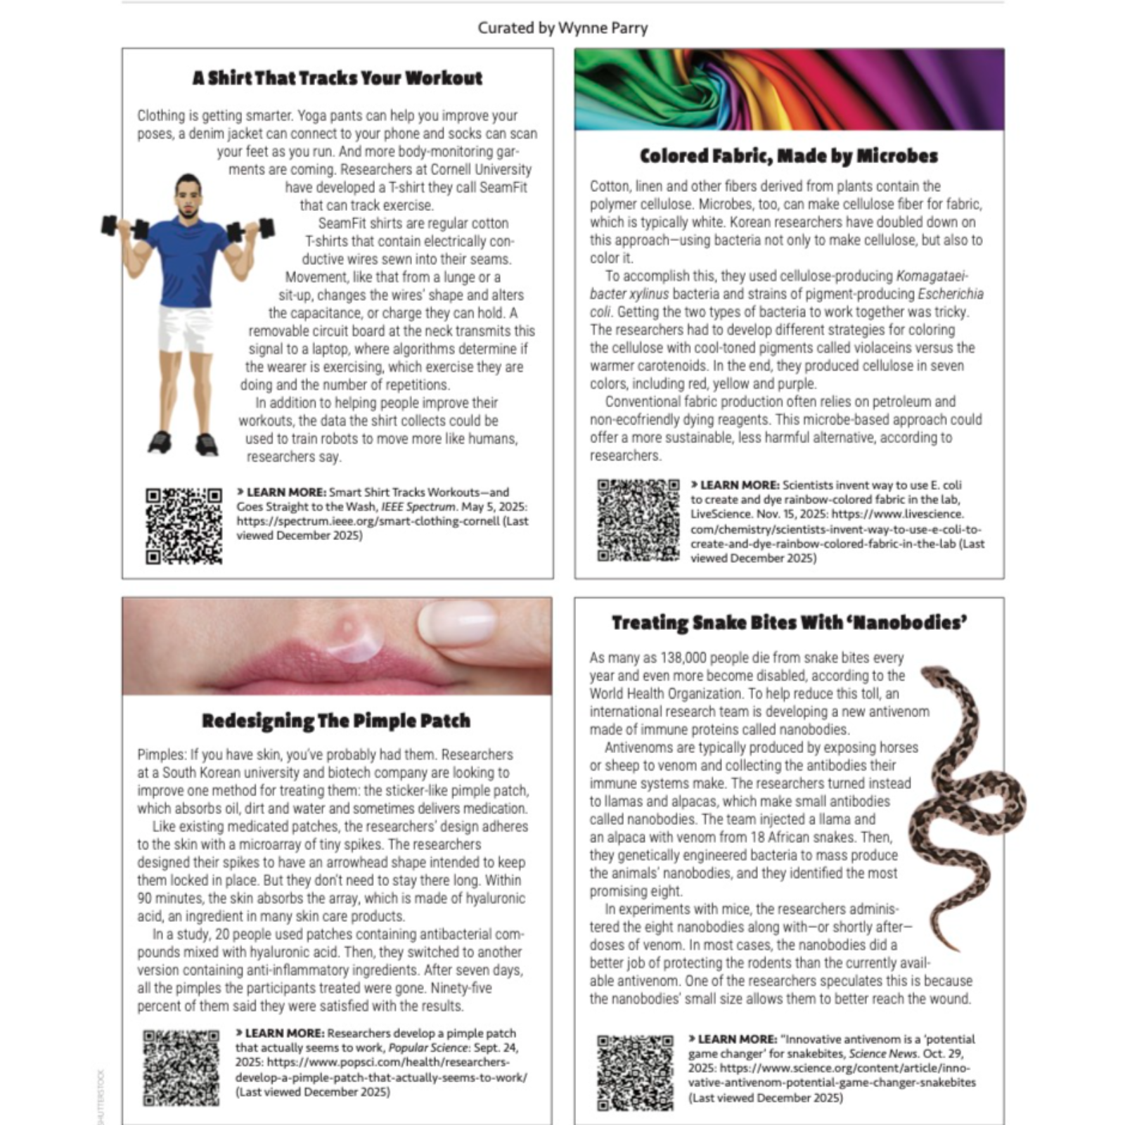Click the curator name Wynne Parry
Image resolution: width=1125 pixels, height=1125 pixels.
pos(603,28)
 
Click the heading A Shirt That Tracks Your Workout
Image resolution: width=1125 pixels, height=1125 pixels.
pos(337,78)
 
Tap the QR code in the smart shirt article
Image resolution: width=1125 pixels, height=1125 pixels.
pos(184,525)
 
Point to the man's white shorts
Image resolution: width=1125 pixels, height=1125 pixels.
pos(185,328)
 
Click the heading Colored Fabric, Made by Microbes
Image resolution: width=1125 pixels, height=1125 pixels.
pos(789,156)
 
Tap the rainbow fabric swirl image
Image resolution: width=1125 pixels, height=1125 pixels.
pos(789,89)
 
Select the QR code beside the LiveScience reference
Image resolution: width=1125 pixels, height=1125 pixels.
pos(638,520)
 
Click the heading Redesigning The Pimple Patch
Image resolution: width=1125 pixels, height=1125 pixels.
pos(336,721)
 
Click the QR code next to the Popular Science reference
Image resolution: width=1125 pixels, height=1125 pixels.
pos(181,1067)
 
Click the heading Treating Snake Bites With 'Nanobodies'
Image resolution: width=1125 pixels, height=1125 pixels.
pos(789,623)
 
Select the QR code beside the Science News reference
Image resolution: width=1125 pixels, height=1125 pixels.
pos(635,1072)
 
